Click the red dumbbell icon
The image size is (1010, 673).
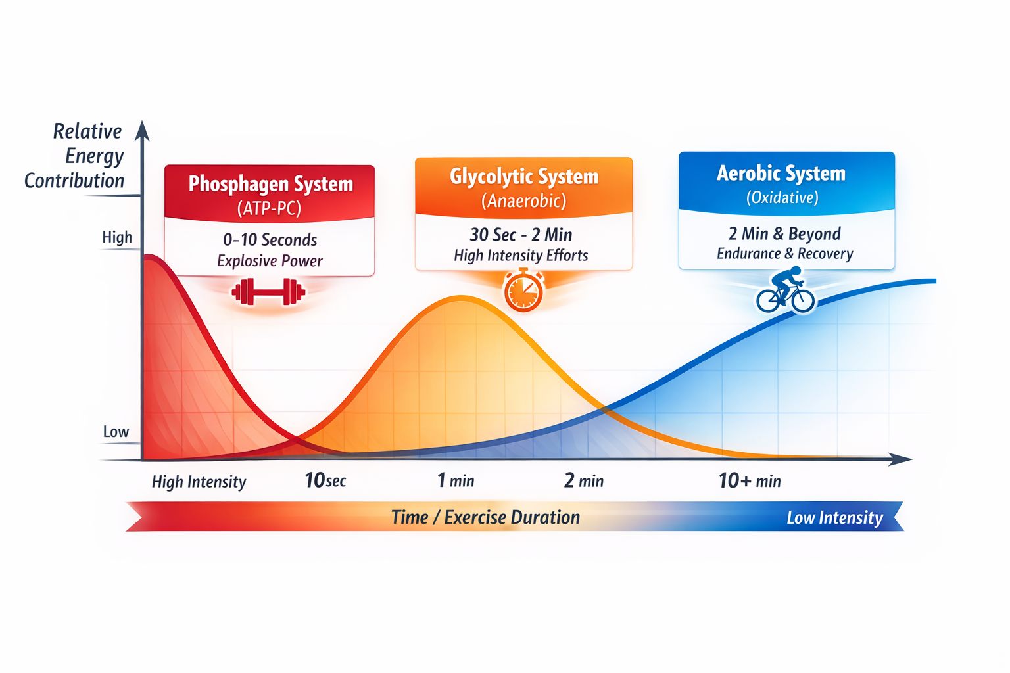pos(268,292)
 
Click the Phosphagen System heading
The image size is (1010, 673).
pos(270,184)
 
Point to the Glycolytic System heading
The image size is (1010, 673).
pos(524,176)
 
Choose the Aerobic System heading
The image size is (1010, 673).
pos(781,173)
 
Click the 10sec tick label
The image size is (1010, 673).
pos(325,480)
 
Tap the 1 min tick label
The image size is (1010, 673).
pos(456,480)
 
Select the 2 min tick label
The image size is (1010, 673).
pos(583,480)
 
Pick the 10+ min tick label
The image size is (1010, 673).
pos(750,480)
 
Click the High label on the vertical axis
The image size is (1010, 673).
pos(117,237)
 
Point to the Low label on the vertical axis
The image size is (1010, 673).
pos(116,432)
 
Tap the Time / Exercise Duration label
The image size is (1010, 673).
pos(485,517)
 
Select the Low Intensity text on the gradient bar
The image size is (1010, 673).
pos(834,518)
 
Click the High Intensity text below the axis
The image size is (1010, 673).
pos(199,482)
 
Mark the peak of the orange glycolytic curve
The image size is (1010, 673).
pos(462,298)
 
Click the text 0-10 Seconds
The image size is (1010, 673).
pos(270,240)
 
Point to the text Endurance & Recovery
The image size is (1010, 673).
pos(785,254)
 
